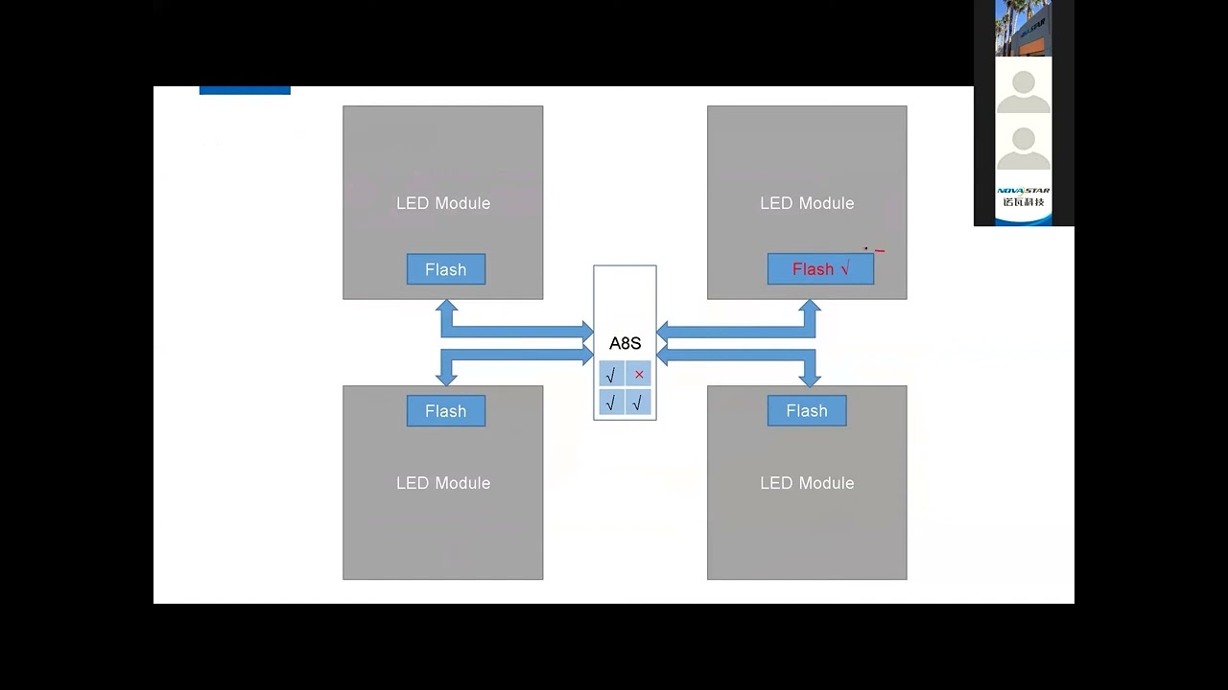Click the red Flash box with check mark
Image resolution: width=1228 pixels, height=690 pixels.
click(x=820, y=269)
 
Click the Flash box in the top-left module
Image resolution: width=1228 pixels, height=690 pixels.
click(x=446, y=269)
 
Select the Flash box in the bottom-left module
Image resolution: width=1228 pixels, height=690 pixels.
click(x=446, y=411)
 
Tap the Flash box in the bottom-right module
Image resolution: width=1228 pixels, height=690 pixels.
click(x=807, y=411)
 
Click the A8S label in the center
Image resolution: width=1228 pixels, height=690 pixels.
click(x=625, y=343)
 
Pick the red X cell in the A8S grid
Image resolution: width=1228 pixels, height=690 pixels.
click(x=639, y=375)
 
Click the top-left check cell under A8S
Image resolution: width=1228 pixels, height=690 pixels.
click(x=611, y=375)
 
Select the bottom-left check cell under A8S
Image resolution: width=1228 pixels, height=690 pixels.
click(x=611, y=402)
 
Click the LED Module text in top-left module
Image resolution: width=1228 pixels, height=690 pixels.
click(x=443, y=203)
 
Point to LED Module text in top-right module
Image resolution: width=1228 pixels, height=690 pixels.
click(x=807, y=203)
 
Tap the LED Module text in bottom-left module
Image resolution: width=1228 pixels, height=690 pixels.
click(x=443, y=483)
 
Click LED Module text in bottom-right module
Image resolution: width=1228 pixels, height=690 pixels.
click(x=807, y=483)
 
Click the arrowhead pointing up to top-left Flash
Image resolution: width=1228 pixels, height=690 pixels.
click(x=446, y=308)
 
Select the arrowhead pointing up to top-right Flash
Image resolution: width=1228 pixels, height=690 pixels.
click(x=810, y=308)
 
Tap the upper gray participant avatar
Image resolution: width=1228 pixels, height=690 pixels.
click(x=1024, y=88)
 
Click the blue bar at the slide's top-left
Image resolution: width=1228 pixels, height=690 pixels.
click(x=245, y=90)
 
